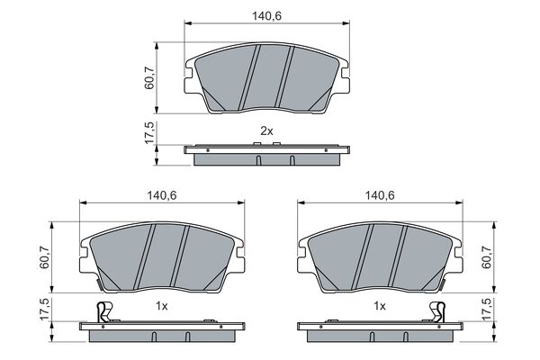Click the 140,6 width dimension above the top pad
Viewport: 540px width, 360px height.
click(x=267, y=16)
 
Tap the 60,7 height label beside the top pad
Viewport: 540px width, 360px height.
click(x=149, y=78)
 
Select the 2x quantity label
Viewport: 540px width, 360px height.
click(x=266, y=130)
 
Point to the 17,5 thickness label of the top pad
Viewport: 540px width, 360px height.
click(x=149, y=133)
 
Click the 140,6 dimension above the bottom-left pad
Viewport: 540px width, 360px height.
click(x=162, y=195)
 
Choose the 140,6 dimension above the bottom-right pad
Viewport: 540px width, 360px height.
click(x=380, y=195)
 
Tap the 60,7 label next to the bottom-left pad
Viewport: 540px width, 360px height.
click(x=44, y=257)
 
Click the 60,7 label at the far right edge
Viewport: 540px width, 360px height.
click(x=486, y=257)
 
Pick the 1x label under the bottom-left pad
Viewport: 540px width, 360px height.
click(x=161, y=306)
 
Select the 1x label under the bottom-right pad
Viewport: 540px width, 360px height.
click(x=380, y=306)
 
